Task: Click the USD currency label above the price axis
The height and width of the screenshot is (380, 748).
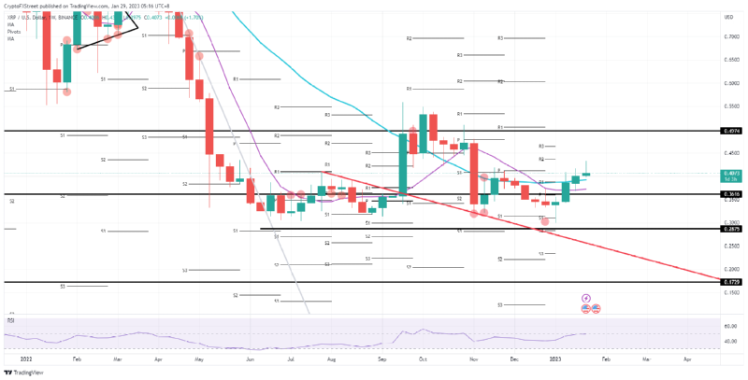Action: pyautogui.click(x=728, y=18)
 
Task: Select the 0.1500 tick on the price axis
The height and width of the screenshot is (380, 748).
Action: pyautogui.click(x=730, y=292)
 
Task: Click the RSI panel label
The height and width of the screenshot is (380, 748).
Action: pyautogui.click(x=11, y=319)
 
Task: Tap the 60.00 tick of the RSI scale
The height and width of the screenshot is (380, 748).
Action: pyautogui.click(x=730, y=326)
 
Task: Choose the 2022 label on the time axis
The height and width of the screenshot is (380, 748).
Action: pyautogui.click(x=25, y=358)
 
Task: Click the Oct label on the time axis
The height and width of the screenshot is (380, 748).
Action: pyautogui.click(x=423, y=358)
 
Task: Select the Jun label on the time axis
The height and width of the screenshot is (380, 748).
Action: pyautogui.click(x=250, y=358)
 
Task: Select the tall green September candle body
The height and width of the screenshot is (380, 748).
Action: pyautogui.click(x=402, y=163)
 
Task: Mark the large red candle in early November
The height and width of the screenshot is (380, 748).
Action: pyautogui.click(x=474, y=173)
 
